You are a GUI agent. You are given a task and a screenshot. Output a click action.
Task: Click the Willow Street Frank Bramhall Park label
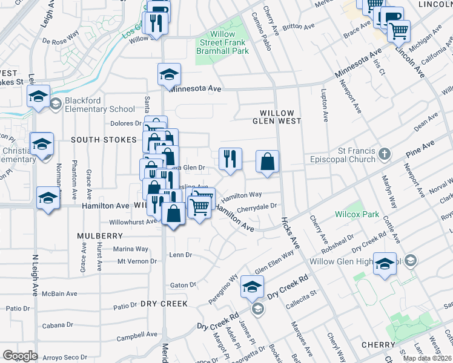pyautogui.click(x=223, y=43)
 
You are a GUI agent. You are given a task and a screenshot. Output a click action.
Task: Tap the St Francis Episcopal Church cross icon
pyautogui.click(x=384, y=154)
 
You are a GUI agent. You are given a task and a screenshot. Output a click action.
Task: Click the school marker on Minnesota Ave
pyautogui.click(x=170, y=74)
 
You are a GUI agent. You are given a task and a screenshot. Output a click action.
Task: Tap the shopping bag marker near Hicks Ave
pyautogui.click(x=267, y=161)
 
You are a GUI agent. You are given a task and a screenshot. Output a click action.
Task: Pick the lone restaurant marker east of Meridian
pyautogui.click(x=230, y=159)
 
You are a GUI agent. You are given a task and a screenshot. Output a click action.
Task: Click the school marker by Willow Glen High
pyautogui.click(x=385, y=264)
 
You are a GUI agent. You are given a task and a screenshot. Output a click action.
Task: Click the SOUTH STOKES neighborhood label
pyautogui.click(x=104, y=140)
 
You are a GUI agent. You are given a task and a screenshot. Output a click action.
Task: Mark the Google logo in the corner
pyautogui.click(x=20, y=355)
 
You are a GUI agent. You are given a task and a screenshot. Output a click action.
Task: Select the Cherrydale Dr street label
pyautogui.click(x=256, y=206)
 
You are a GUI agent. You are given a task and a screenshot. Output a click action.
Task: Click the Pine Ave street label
pyautogui.click(x=420, y=146)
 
